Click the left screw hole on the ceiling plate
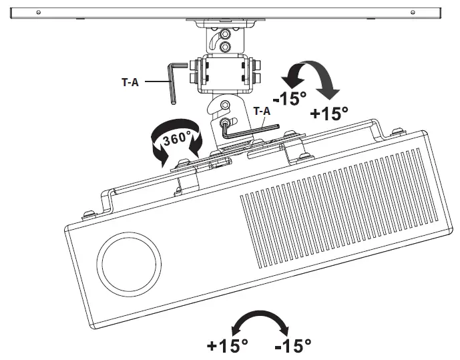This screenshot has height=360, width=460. (x=39, y=13)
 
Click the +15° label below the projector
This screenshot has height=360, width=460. (x=227, y=346)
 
